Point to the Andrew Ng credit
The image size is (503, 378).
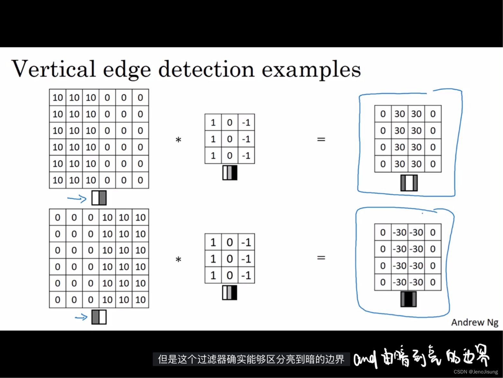[474, 322]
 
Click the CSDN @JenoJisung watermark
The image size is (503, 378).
[476, 372]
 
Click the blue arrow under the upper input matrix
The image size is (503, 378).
[77, 199]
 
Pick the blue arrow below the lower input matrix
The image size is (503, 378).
[81, 317]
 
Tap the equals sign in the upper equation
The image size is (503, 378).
[321, 139]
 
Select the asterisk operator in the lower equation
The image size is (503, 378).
[178, 260]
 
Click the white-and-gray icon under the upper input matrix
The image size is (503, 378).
[99, 198]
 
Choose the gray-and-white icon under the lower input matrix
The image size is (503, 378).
[99, 317]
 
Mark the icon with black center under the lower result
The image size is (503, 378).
[409, 299]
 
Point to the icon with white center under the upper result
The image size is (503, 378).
[409, 183]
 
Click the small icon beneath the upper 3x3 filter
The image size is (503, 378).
[230, 173]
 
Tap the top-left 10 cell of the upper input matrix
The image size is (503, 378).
[58, 98]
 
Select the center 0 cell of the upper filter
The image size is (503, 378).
[229, 139]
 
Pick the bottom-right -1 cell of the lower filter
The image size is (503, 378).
[246, 275]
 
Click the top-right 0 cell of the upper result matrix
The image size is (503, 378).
[433, 114]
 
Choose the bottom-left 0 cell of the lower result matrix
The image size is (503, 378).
[383, 282]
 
